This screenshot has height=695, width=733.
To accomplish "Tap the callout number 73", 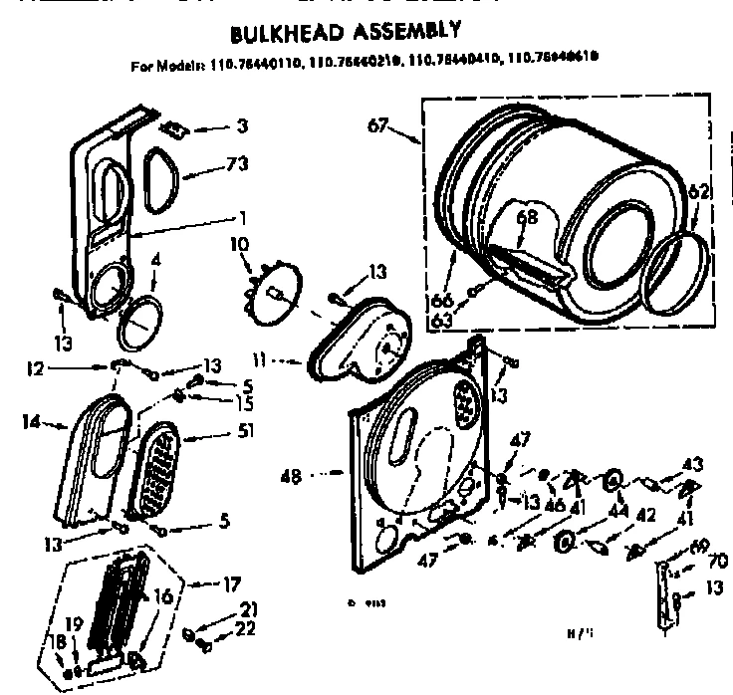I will click(x=236, y=163).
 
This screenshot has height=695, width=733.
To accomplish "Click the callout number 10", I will click(x=240, y=242).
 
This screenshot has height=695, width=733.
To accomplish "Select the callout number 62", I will click(x=698, y=193).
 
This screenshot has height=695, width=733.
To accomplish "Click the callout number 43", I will click(x=692, y=464).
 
